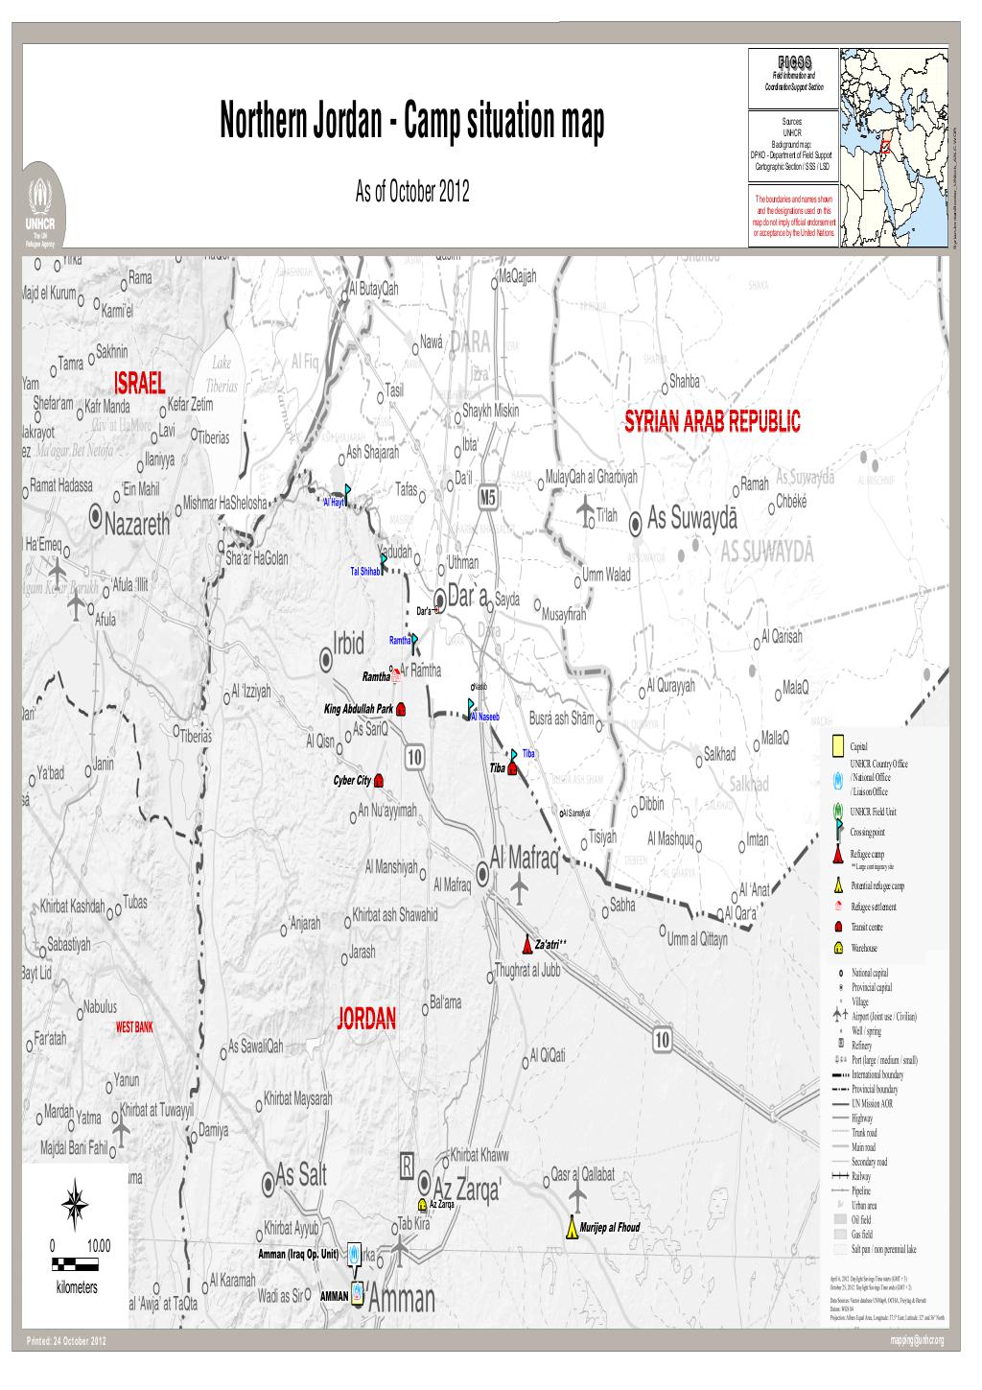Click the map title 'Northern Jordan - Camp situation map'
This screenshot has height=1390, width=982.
[x=413, y=124]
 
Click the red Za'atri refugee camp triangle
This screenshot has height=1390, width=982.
[x=527, y=943]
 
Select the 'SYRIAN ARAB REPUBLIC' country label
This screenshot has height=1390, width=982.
[x=712, y=423]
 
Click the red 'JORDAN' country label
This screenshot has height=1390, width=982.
[x=365, y=1019]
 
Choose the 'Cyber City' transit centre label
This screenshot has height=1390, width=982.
[x=352, y=780]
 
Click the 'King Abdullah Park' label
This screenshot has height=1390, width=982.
[x=359, y=709]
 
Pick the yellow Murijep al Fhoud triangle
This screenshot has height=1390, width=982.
[x=572, y=1227]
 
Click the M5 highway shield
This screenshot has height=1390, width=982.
[x=488, y=497]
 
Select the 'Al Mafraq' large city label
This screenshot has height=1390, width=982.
[x=523, y=857]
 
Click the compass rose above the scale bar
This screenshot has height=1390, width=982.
[x=76, y=1201]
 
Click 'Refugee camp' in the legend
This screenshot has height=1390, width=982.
[x=866, y=854]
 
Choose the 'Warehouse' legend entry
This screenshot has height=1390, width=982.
[x=863, y=948]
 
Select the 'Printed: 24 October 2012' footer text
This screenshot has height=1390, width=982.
[x=66, y=1341]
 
